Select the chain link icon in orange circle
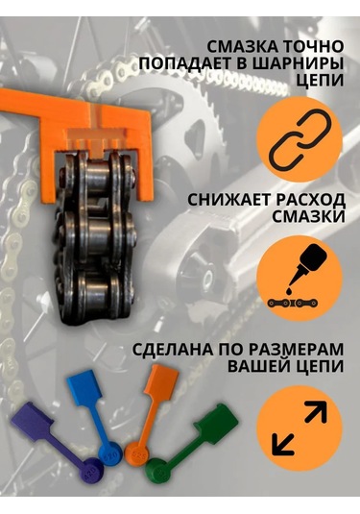[299, 141]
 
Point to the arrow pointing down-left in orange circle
[284, 443]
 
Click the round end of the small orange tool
[137, 453]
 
